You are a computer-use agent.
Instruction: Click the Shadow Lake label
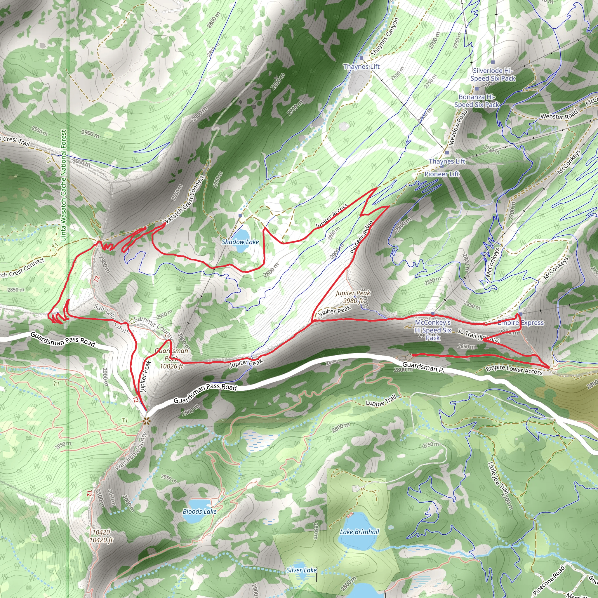(240, 242)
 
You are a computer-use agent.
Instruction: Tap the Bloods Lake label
(199, 511)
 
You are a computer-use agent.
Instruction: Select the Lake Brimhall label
(359, 532)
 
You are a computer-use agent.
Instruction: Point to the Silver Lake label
(301, 570)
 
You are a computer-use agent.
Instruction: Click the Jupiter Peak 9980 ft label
(353, 297)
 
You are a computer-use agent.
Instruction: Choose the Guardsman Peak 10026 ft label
(172, 359)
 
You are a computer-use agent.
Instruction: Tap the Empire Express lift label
(521, 323)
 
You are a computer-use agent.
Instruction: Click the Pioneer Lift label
(442, 174)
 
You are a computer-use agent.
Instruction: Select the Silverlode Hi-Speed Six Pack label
(493, 74)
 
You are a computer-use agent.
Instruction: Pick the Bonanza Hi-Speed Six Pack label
(477, 101)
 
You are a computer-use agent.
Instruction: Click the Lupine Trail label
(381, 401)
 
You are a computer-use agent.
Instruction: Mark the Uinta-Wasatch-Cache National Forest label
(63, 185)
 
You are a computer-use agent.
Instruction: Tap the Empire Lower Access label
(514, 370)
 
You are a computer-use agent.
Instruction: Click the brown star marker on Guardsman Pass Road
(146, 421)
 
